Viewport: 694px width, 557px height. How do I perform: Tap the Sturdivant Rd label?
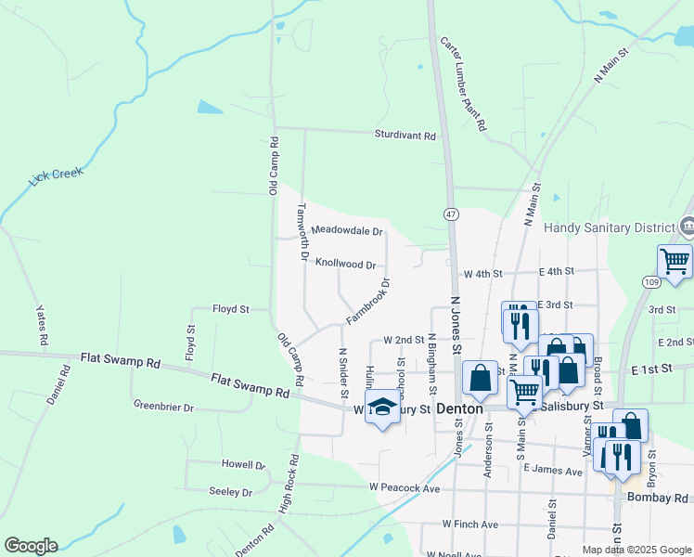click(405, 136)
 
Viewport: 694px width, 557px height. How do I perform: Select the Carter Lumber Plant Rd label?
click(464, 84)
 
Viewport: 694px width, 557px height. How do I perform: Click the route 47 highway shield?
click(451, 214)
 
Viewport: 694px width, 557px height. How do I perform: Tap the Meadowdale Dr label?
click(346, 229)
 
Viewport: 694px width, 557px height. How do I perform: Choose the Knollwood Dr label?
click(345, 264)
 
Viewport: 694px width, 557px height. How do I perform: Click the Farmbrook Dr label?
click(368, 302)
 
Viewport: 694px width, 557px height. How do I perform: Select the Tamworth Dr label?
click(302, 232)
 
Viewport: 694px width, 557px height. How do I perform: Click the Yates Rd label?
click(42, 326)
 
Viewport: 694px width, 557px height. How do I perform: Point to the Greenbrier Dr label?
click(162, 407)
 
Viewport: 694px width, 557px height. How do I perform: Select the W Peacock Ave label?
click(404, 487)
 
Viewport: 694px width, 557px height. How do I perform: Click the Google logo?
click(31, 546)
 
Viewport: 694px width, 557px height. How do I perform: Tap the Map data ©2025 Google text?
click(636, 550)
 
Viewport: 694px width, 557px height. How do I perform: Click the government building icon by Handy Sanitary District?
click(688, 226)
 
